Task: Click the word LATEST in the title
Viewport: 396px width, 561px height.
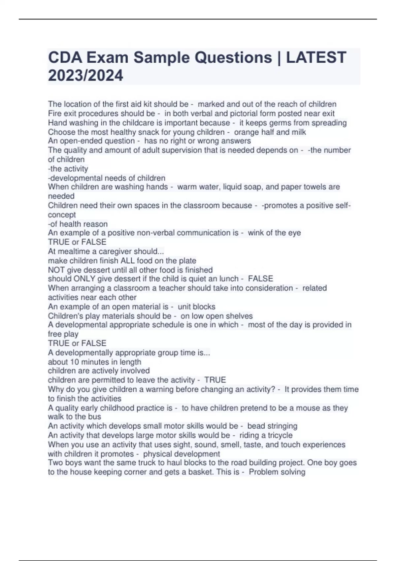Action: (316, 57)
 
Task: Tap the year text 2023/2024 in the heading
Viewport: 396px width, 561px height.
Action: (85, 75)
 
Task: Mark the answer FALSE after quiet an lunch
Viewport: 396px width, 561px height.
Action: (261, 279)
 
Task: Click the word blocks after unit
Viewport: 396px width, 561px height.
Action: (205, 307)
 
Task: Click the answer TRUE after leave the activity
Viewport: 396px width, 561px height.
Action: (215, 380)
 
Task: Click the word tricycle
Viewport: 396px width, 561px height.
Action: (280, 435)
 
